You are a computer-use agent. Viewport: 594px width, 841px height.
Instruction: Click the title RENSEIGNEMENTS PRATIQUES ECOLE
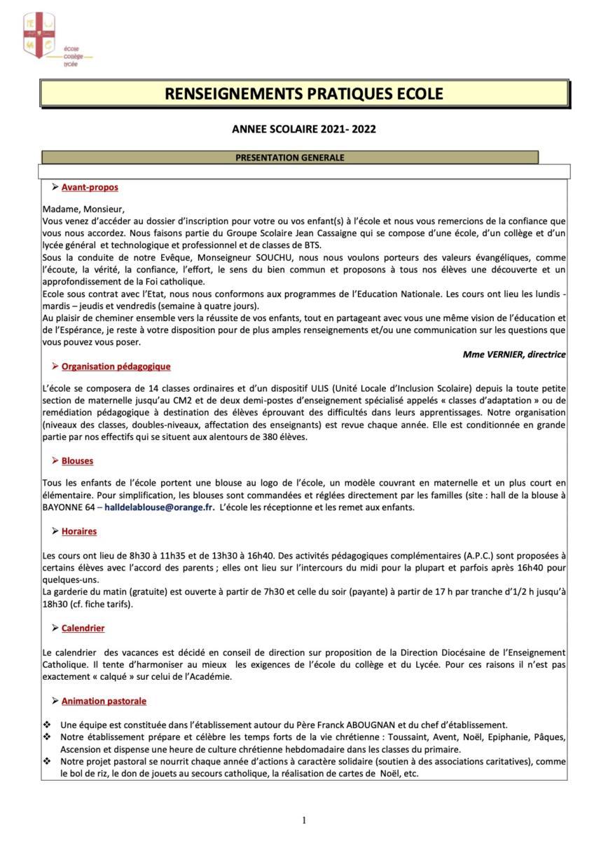pos(304,94)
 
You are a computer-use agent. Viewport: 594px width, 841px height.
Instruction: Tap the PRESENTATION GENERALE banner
pos(290,158)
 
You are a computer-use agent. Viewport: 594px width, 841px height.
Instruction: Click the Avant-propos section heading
pos(90,187)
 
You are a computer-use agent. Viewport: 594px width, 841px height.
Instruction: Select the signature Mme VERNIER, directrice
pos(514,355)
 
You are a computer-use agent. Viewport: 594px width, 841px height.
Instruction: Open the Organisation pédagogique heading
pos(116,367)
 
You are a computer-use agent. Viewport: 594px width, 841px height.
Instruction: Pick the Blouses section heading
pos(77,461)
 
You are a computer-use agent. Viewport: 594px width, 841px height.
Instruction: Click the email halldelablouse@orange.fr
pos(160,507)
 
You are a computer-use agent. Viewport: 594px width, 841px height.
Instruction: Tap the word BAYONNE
pos(64,507)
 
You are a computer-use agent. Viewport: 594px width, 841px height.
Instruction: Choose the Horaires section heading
pos(79,532)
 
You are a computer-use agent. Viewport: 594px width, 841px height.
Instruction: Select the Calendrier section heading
pos(83,629)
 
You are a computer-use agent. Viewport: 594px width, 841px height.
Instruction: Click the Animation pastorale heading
pos(104,701)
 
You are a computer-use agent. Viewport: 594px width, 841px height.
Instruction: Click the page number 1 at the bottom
pos(304,820)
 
